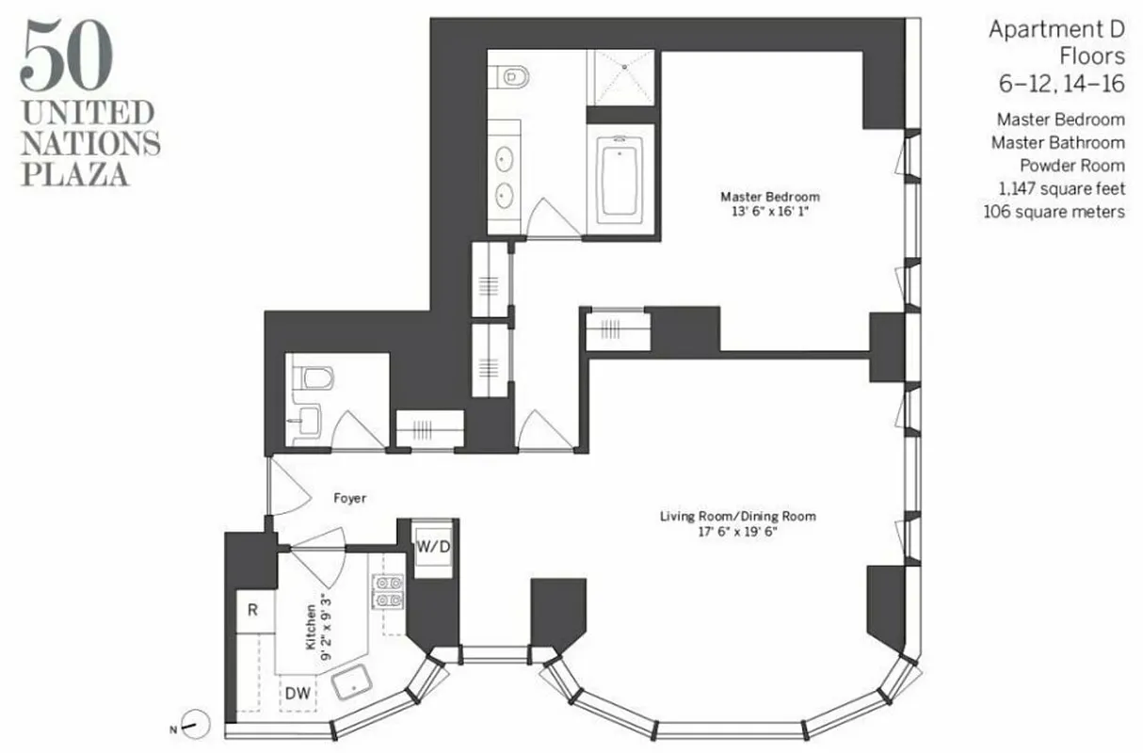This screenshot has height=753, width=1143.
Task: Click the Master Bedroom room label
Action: (x=769, y=197)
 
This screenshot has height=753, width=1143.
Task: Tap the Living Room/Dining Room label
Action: (x=737, y=516)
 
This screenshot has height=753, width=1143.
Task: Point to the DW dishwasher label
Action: (x=298, y=694)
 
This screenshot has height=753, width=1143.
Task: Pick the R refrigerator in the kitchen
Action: (x=252, y=610)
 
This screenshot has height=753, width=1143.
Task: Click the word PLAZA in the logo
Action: (x=76, y=174)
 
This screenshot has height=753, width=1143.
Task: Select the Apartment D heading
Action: (x=1056, y=30)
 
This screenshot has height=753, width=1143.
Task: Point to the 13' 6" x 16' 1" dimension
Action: (x=770, y=211)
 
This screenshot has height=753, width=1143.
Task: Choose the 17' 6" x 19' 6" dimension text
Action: (x=737, y=531)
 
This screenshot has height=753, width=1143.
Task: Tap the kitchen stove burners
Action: (x=390, y=591)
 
